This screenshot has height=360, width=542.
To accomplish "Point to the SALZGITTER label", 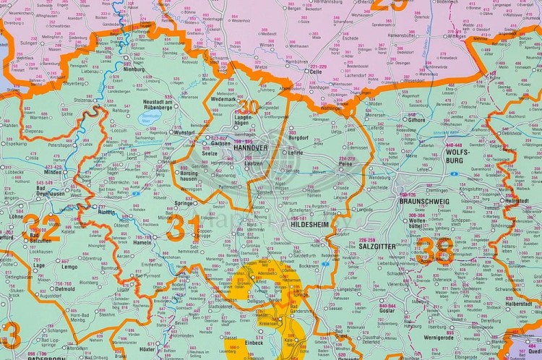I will tap(377, 247).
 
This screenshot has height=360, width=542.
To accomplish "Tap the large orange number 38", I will tap(436, 251).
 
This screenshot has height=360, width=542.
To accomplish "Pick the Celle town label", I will tap(314, 72).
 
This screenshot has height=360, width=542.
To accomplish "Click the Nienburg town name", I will tap(136, 71).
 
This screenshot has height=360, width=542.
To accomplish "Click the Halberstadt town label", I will tap(517, 304).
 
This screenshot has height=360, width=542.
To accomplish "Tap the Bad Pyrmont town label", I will tap(148, 275).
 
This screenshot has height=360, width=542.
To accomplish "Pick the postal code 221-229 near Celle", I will tap(317, 66).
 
